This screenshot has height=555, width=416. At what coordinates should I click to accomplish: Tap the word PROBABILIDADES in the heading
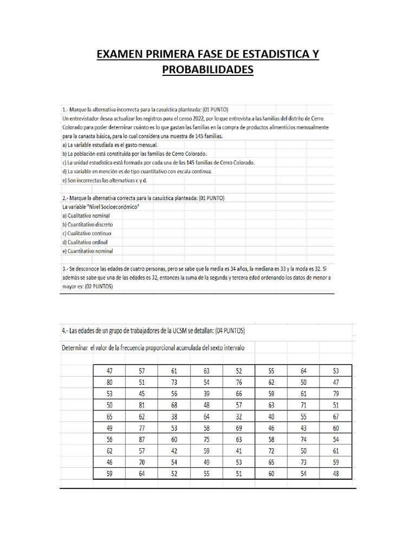[208, 70]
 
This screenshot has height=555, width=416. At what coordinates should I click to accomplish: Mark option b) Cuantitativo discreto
[88, 224]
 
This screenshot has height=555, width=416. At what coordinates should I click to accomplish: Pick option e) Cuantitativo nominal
[89, 251]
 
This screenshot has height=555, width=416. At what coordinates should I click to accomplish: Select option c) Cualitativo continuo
[87, 233]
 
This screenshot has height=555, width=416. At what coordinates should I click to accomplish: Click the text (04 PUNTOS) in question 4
[232, 330]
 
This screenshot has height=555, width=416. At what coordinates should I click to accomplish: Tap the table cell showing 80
[109, 382]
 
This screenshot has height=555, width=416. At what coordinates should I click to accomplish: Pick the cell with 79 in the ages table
[336, 393]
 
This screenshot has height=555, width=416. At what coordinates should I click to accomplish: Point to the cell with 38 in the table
[174, 416]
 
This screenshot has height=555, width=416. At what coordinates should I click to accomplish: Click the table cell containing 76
[239, 382]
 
